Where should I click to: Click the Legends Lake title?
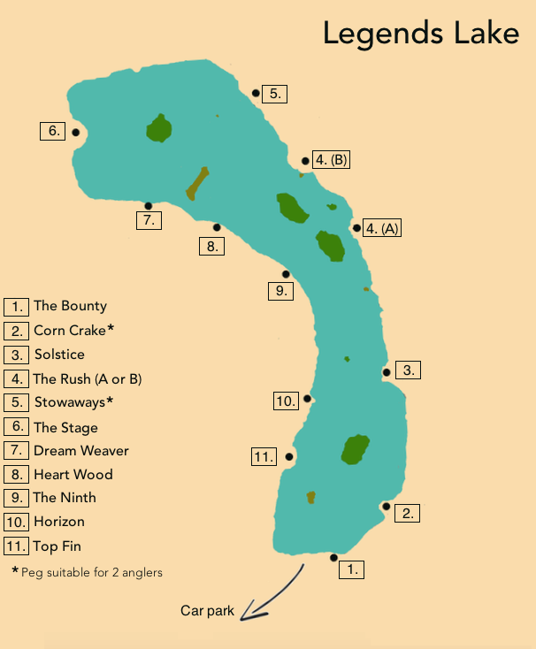pos(420,33)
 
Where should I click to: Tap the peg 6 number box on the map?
pos(53,131)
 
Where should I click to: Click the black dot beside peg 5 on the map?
pos(256,93)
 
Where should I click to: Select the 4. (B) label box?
pos(332,160)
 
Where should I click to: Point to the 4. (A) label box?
pos(383,228)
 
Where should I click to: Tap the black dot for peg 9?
pos(286,274)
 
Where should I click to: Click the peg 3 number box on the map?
pos(408,370)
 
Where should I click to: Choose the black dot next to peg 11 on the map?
pos(288,456)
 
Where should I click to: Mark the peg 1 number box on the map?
pos(352,569)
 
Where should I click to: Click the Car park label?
pos(208,611)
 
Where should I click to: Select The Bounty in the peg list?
pos(70,306)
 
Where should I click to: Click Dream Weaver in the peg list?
pos(80,451)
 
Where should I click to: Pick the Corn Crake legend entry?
pos(73,330)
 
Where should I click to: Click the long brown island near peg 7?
pos(197,183)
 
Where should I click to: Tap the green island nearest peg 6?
pos(159,129)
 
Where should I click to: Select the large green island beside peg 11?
pos(355,450)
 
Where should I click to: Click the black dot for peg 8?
pos(217,227)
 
